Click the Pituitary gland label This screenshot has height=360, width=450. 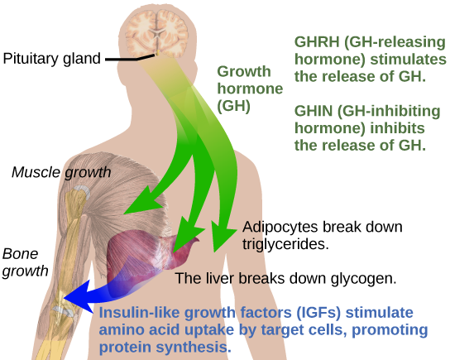[x=51, y=59]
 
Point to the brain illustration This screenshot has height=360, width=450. [x=156, y=33]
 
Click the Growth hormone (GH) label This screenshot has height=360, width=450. [x=250, y=89]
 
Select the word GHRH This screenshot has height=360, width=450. [x=317, y=42]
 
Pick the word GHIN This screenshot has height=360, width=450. [x=314, y=111]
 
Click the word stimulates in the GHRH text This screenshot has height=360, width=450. [x=408, y=60]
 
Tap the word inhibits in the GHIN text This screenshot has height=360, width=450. [x=397, y=128]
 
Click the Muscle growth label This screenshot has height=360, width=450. [x=61, y=172]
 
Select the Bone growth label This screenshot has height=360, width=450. [x=26, y=262]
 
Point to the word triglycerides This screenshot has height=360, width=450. [x=285, y=244]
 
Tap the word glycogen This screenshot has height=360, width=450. [x=363, y=279]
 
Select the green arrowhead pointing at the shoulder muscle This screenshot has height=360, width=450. [x=142, y=202]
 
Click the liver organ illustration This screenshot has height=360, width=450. [x=149, y=256]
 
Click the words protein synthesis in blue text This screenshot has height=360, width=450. [x=165, y=348]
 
